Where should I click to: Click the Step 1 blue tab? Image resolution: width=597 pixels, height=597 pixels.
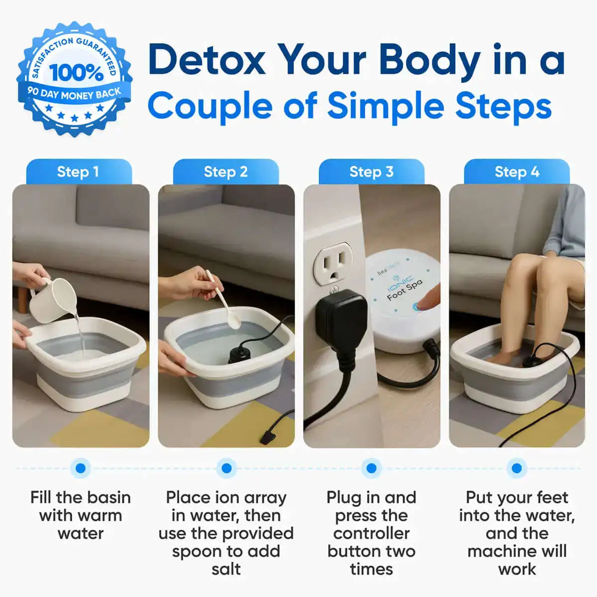pyautogui.click(x=78, y=172)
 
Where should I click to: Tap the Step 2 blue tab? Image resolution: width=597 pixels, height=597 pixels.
pyautogui.click(x=225, y=172)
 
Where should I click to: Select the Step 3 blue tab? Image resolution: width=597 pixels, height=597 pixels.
pyautogui.click(x=371, y=172)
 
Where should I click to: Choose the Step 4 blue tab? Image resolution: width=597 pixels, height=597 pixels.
pyautogui.click(x=517, y=172)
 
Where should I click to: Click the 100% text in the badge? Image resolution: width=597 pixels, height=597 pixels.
pyautogui.click(x=76, y=73)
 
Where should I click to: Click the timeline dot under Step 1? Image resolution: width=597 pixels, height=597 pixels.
pyautogui.click(x=80, y=468)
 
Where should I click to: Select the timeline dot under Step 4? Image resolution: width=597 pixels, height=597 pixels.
pyautogui.click(x=516, y=468)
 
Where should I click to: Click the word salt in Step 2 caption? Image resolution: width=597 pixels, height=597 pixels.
pyautogui.click(x=226, y=569)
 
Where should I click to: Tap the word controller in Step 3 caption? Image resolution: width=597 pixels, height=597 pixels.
pyautogui.click(x=371, y=533)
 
